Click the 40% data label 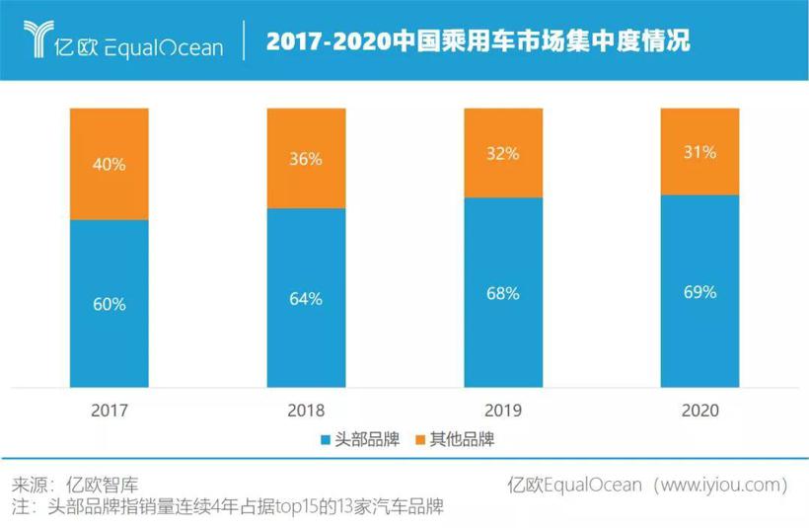pos(109,165)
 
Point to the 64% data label pos(306,298)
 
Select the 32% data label pos(503,154)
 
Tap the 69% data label pos(699,292)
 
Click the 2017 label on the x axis pos(109,410)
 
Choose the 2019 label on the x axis pos(503,410)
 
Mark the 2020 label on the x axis pos(699,410)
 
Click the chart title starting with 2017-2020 pos(478,41)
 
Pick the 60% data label pos(109,305)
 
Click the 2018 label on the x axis pos(306,410)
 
